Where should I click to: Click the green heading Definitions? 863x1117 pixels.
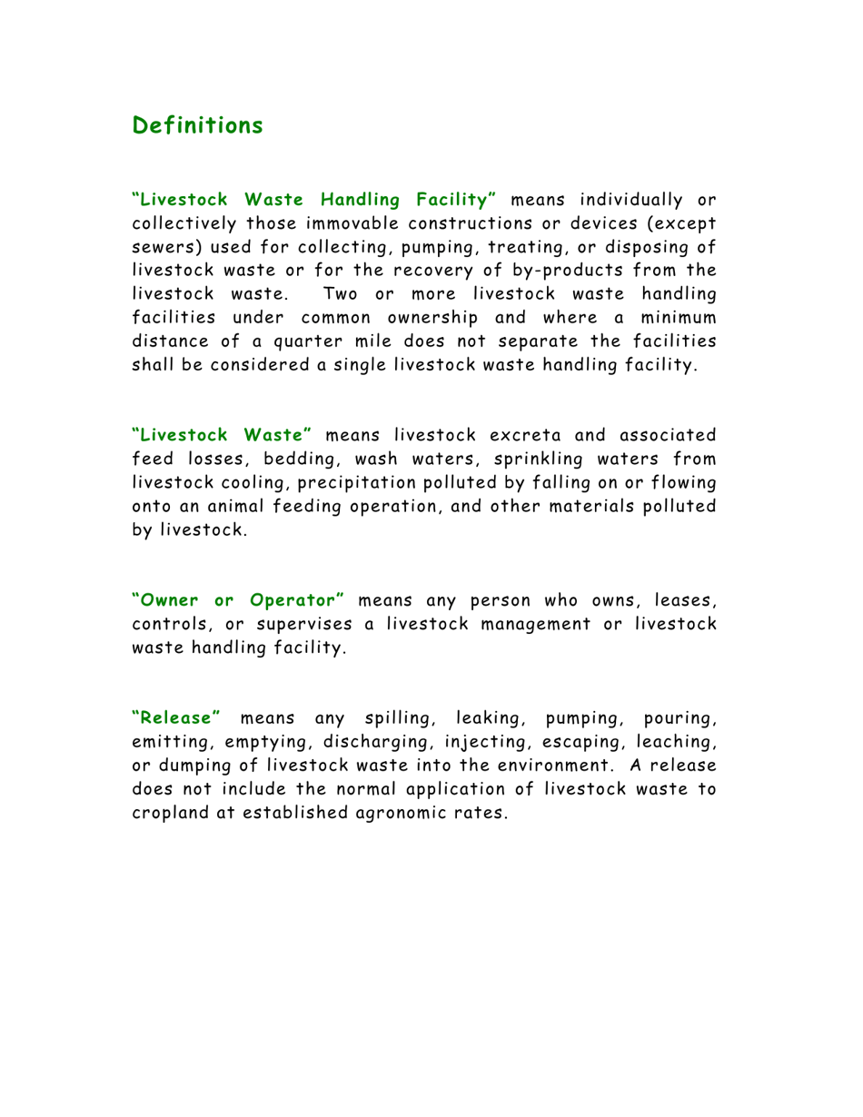(x=197, y=125)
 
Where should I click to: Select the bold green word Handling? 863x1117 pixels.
(x=357, y=198)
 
